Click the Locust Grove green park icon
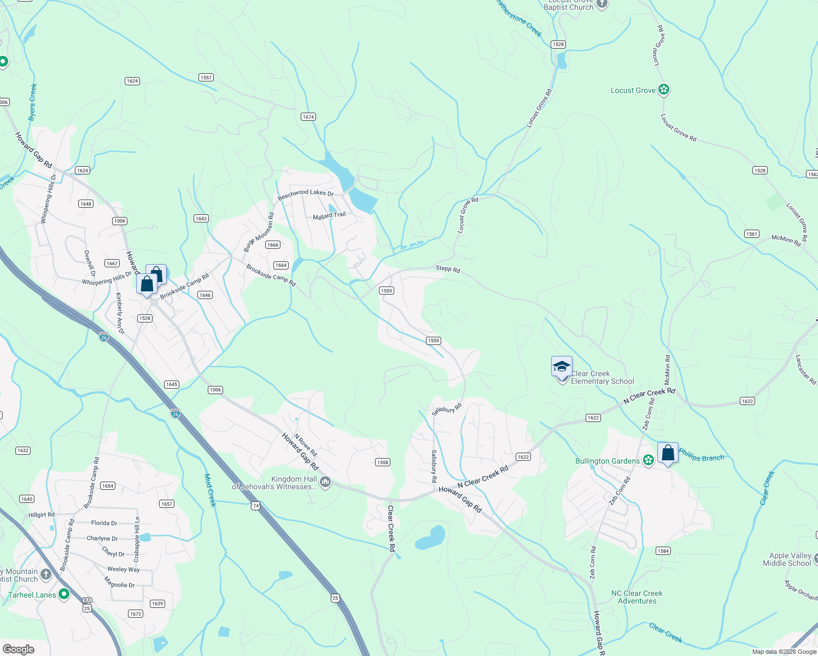coord(664,90)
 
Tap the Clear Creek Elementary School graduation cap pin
coord(562,366)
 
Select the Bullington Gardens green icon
coord(648,460)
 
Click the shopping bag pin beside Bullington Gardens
coord(668,453)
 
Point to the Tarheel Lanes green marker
coord(64,594)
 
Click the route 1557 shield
coord(206,78)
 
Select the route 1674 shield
coord(308,117)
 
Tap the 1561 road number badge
coord(752,234)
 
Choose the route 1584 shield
coord(663,551)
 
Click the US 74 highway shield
coord(256,506)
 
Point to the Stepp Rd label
coord(448,269)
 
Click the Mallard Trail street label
coord(329,216)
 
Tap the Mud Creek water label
coord(211,490)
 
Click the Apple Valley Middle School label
coord(787,559)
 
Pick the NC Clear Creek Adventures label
coord(637,597)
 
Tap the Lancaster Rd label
coord(805,370)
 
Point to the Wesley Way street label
coord(124,569)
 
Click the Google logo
coord(19,649)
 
